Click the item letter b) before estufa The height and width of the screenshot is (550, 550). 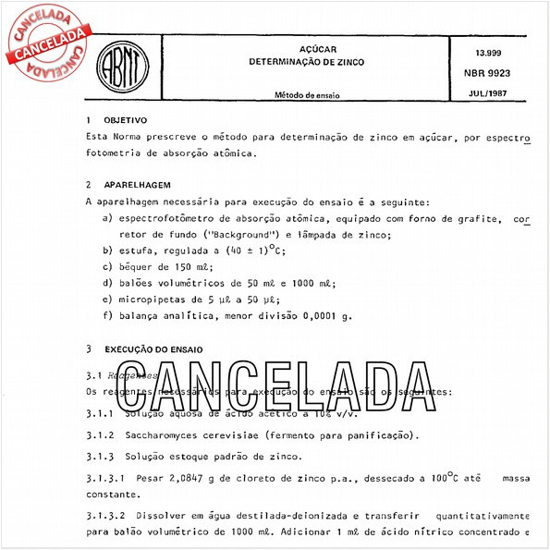[x=107, y=251]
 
